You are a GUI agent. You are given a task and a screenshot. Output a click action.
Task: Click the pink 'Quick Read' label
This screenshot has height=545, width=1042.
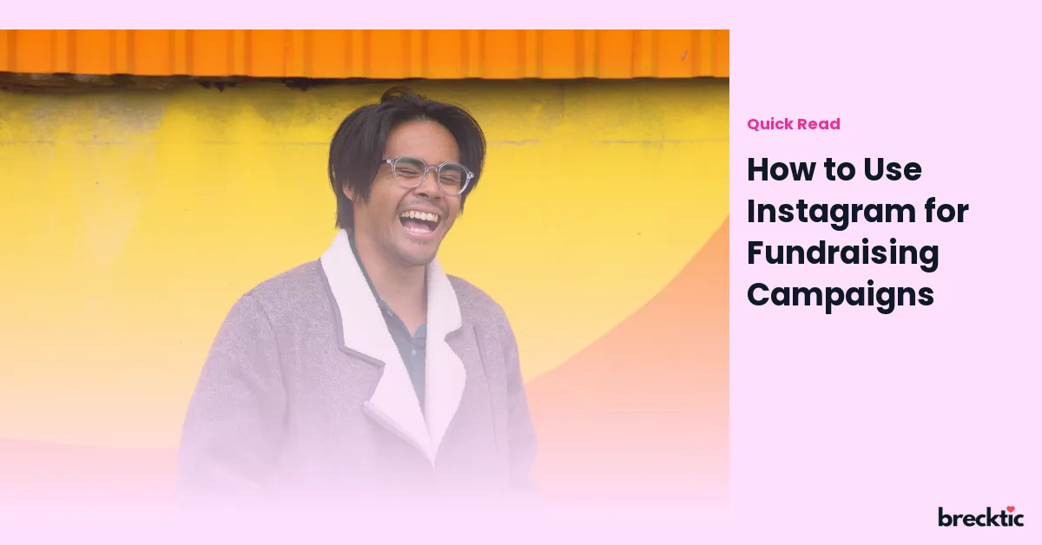[794, 124]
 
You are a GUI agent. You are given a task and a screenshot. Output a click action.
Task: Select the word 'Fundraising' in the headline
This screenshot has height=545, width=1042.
[843, 254]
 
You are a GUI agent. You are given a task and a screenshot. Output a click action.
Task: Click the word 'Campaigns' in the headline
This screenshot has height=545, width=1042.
[841, 296]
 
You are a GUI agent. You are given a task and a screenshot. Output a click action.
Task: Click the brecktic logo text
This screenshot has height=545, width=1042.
[981, 517]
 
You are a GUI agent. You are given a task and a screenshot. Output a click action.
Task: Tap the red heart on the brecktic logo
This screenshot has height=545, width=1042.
[1011, 509]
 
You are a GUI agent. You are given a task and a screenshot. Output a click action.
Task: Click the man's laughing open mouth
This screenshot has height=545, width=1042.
[419, 222]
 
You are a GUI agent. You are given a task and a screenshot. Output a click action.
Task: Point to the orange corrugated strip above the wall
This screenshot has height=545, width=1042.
[365, 53]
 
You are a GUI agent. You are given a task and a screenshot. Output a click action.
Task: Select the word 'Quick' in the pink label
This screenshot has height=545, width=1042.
[770, 124]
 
